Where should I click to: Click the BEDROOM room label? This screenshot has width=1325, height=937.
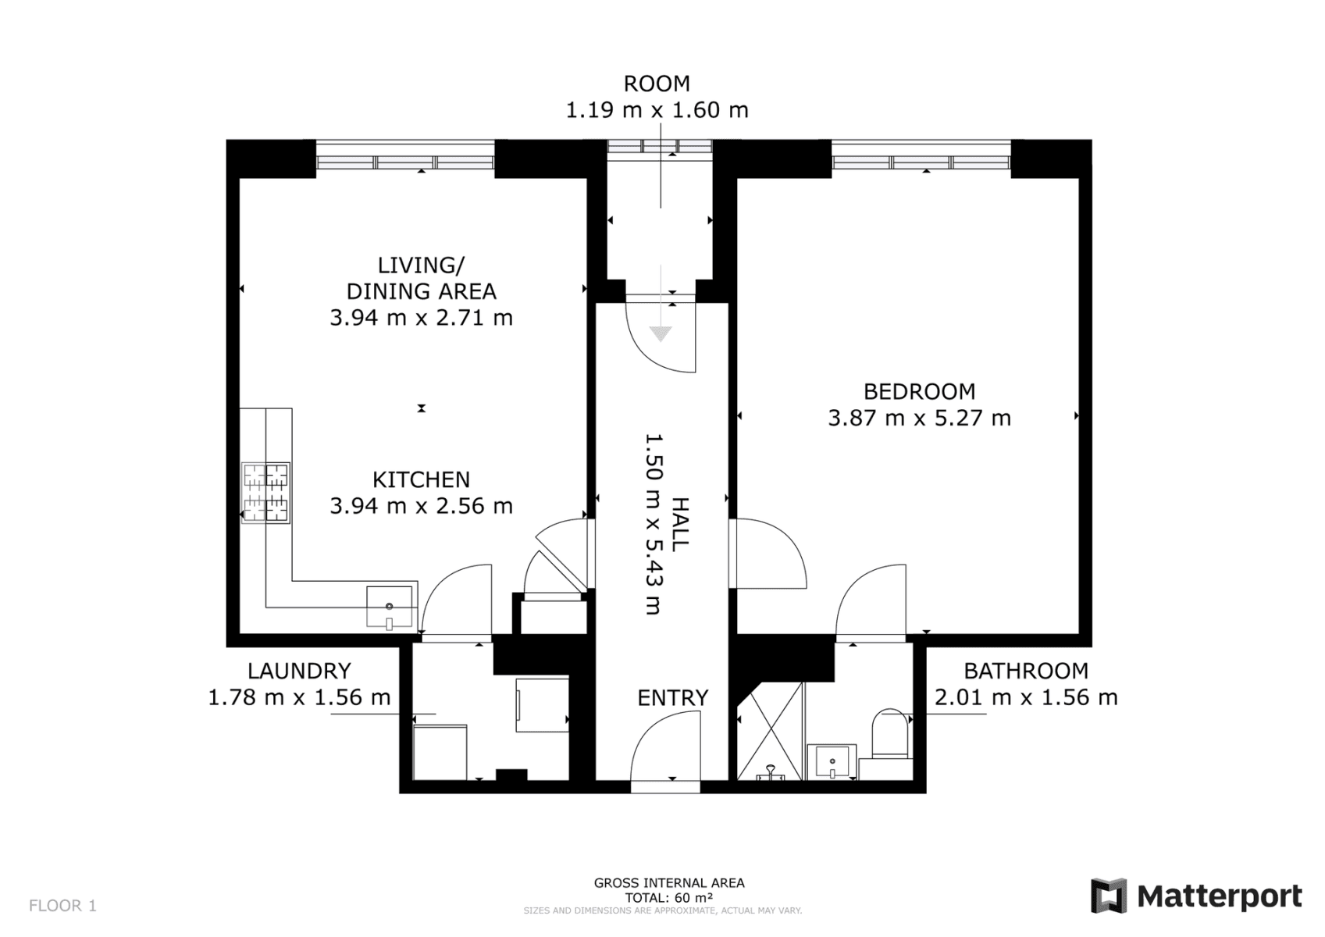pyautogui.click(x=919, y=391)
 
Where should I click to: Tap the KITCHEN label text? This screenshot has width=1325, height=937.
pyautogui.click(x=421, y=479)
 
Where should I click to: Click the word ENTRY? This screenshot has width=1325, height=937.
pyautogui.click(x=672, y=698)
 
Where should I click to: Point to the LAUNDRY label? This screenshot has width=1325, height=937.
pyautogui.click(x=299, y=671)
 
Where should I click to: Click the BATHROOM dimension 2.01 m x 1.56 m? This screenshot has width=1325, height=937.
pyautogui.click(x=1026, y=697)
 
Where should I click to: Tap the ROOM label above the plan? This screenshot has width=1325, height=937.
pyautogui.click(x=657, y=84)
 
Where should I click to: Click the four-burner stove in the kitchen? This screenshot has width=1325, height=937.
pyautogui.click(x=265, y=492)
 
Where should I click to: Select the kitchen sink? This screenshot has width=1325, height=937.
pyautogui.click(x=390, y=607)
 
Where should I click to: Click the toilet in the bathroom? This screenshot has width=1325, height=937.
pyautogui.click(x=890, y=733)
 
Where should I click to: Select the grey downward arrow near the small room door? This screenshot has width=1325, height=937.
pyautogui.click(x=661, y=334)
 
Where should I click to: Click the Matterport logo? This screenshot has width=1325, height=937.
pyautogui.click(x=1196, y=896)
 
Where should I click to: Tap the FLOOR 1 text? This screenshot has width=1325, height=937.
pyautogui.click(x=62, y=906)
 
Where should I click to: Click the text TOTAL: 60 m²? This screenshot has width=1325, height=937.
pyautogui.click(x=668, y=898)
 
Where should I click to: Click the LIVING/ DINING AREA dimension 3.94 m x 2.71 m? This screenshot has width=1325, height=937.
pyautogui.click(x=421, y=318)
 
